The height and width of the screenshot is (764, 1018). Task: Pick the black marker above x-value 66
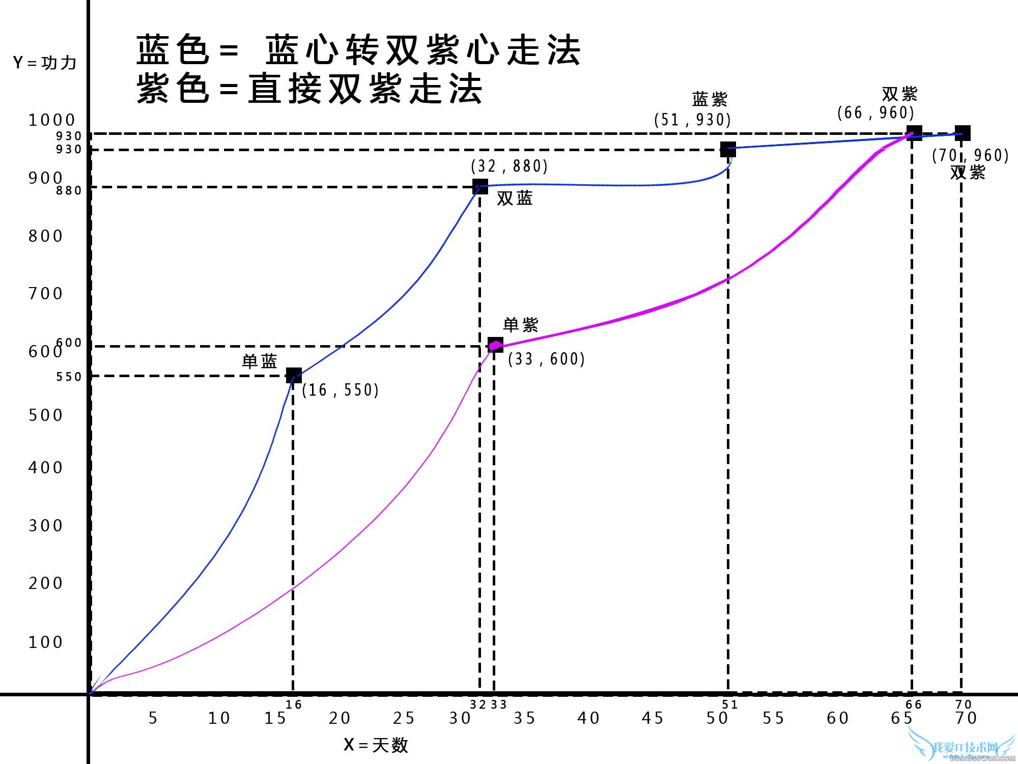914,133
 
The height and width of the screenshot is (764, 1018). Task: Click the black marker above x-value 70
962,133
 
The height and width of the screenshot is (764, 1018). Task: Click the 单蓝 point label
260,361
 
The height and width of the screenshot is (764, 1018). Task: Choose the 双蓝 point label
515,198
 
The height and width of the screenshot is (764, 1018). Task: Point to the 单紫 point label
521,325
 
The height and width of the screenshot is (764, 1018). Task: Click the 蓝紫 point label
710,99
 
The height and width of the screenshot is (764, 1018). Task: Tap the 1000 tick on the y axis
52,120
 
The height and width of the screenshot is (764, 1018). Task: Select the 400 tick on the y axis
46,467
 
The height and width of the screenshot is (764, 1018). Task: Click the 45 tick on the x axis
653,718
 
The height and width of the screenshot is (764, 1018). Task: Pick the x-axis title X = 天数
376,745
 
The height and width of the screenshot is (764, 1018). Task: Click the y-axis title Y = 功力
45,63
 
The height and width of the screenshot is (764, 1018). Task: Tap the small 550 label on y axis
69,377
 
